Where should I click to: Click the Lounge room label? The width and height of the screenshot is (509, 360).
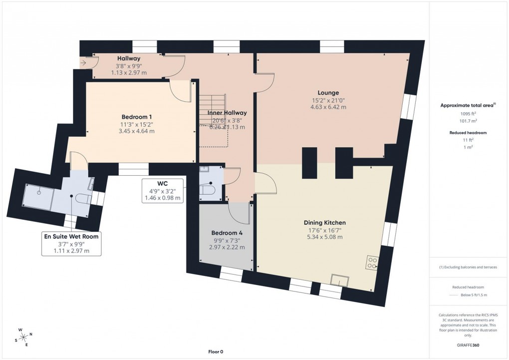[x=328, y=92]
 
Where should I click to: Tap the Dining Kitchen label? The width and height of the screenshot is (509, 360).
[x=325, y=223]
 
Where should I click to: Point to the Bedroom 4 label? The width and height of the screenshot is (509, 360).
[x=227, y=233]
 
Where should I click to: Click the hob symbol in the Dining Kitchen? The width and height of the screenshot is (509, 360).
[x=372, y=262]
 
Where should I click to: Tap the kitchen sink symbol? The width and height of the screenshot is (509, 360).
[x=342, y=280]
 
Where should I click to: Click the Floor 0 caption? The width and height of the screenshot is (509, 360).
[x=216, y=352]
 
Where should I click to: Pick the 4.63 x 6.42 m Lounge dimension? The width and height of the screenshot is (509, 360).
[x=328, y=107]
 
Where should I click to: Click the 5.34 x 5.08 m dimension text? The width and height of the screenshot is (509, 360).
[x=325, y=237]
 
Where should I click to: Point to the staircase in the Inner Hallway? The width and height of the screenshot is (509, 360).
[x=213, y=120]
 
